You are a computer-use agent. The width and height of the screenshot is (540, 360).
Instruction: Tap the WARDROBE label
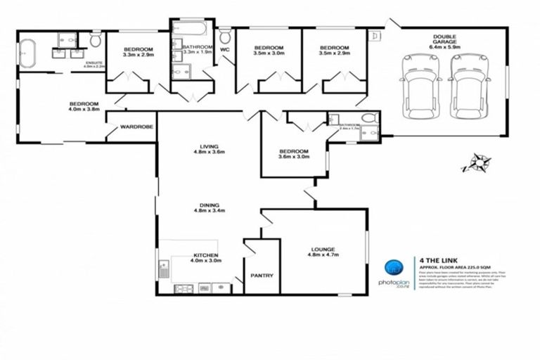tap(133, 127)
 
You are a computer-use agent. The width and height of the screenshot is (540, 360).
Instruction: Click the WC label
tap(224, 50)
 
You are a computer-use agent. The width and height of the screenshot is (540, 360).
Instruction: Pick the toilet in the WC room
tap(225, 36)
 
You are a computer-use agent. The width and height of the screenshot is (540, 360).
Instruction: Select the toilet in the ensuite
tap(96, 40)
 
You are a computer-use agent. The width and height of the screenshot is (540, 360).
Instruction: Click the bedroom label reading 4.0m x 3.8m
tap(84, 107)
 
